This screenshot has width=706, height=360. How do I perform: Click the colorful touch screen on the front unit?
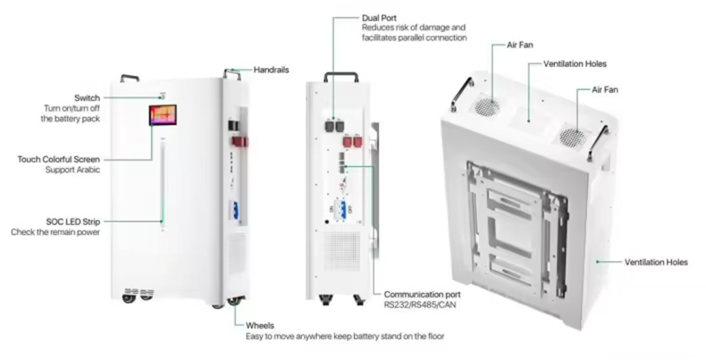(163, 115)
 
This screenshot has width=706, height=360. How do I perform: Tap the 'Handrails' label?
(271, 70)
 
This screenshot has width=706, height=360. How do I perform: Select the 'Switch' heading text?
(87, 97)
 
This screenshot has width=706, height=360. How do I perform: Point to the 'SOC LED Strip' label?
(73, 222)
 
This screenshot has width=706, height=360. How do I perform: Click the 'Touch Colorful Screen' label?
(58, 159)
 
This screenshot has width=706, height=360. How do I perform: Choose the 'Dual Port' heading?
(379, 18)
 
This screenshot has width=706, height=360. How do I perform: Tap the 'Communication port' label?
(423, 294)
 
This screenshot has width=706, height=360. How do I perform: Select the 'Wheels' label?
(260, 325)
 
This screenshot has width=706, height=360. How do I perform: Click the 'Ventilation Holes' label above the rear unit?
(575, 64)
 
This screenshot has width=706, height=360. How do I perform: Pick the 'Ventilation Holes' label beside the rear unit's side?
(656, 262)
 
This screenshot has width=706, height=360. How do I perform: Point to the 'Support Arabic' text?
(72, 170)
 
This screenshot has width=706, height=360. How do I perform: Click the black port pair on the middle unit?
(333, 126)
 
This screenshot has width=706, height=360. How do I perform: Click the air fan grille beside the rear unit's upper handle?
(488, 106)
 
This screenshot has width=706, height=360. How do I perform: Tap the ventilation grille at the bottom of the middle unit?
(342, 251)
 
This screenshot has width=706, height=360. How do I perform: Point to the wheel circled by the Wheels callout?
(233, 302)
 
